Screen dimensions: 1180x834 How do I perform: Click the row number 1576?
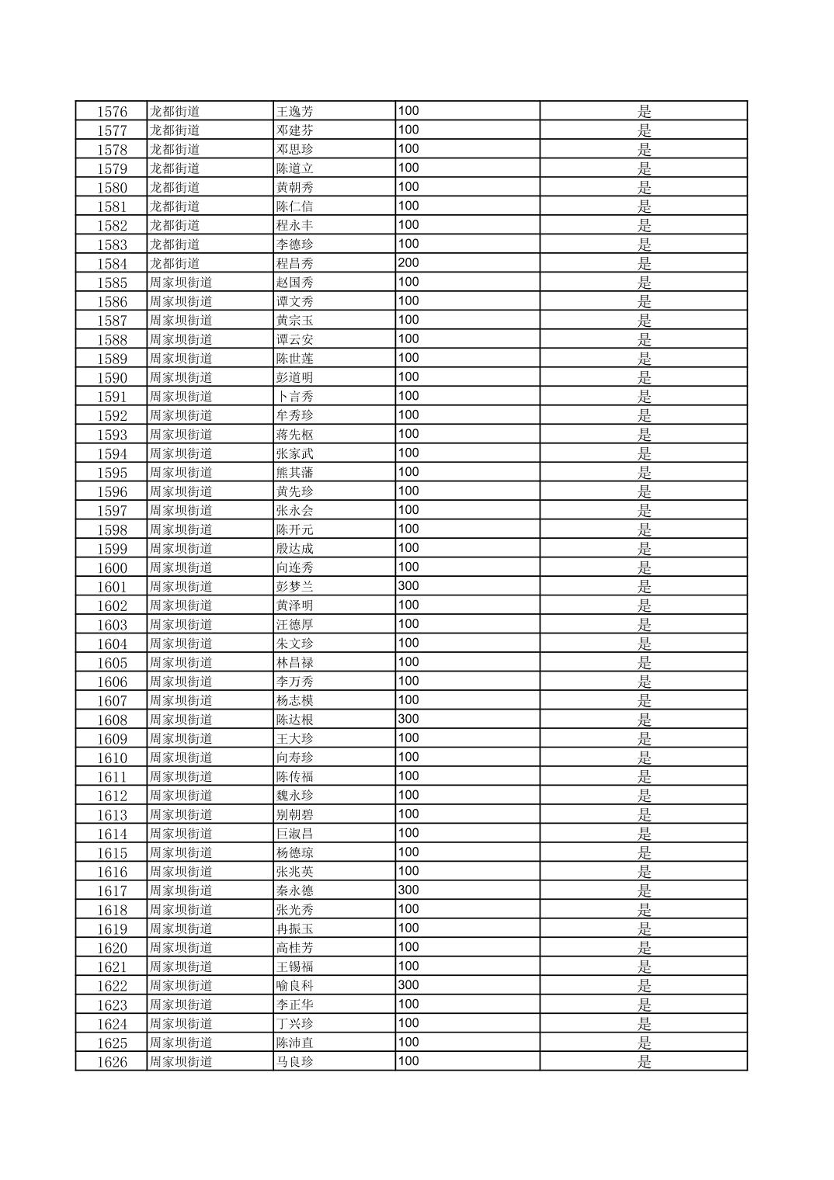point(112,112)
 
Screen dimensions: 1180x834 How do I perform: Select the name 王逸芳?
point(295,112)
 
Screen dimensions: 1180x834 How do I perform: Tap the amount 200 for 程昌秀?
point(408,263)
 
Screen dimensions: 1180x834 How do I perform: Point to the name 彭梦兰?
point(295,587)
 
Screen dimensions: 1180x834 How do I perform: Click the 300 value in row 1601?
point(408,586)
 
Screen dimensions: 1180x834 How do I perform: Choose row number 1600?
point(112,568)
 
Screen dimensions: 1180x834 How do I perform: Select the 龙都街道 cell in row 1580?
point(175,188)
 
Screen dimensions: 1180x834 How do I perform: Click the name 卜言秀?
point(295,397)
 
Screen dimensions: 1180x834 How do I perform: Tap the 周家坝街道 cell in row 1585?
point(181,283)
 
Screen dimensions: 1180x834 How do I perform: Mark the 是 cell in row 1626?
point(644,1062)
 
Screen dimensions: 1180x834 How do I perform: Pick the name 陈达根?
point(295,720)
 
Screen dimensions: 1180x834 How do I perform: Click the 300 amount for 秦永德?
point(408,890)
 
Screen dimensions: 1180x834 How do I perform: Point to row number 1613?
point(112,815)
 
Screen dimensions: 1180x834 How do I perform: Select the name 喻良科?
point(295,986)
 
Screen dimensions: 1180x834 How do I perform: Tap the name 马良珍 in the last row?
point(295,1062)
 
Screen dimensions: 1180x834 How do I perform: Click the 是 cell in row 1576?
point(644,112)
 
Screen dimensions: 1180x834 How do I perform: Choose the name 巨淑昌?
point(295,834)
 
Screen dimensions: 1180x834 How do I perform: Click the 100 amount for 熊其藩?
point(408,472)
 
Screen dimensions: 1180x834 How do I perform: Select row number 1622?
point(112,986)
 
